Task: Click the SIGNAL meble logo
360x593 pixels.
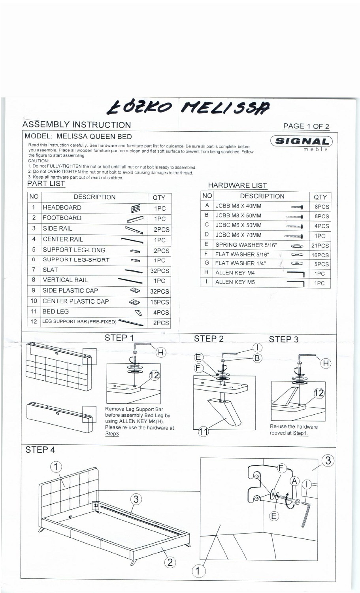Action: pyautogui.click(x=302, y=143)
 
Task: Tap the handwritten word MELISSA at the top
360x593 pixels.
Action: pyautogui.click(x=225, y=107)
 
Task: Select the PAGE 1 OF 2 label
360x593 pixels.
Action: pyautogui.click(x=306, y=126)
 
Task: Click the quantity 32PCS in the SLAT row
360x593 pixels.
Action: pyautogui.click(x=159, y=271)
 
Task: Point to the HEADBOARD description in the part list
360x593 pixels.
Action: pyautogui.click(x=62, y=208)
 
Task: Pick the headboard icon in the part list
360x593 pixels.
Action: pyautogui.click(x=136, y=208)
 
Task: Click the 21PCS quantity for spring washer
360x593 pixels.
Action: pyautogui.click(x=320, y=246)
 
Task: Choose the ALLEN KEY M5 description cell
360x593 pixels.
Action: pyautogui.click(x=235, y=282)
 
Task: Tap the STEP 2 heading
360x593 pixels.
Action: pyautogui.click(x=209, y=338)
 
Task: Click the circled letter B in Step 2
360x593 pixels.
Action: pyautogui.click(x=257, y=358)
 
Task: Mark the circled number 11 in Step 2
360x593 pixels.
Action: pyautogui.click(x=203, y=432)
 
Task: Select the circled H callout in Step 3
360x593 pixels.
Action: pyautogui.click(x=326, y=363)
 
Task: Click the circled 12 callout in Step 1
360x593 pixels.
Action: pyautogui.click(x=155, y=375)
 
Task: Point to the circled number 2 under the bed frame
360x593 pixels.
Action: pyautogui.click(x=170, y=562)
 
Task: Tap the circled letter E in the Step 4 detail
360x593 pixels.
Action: pyautogui.click(x=274, y=516)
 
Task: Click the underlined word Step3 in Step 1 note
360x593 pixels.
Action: pyautogui.click(x=112, y=434)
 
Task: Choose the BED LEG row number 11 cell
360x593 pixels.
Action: pyautogui.click(x=34, y=312)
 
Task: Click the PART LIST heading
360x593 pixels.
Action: pyautogui.click(x=46, y=183)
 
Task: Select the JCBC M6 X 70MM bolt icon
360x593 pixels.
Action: pyautogui.click(x=294, y=236)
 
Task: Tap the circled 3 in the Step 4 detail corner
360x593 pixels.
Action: pyautogui.click(x=328, y=461)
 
